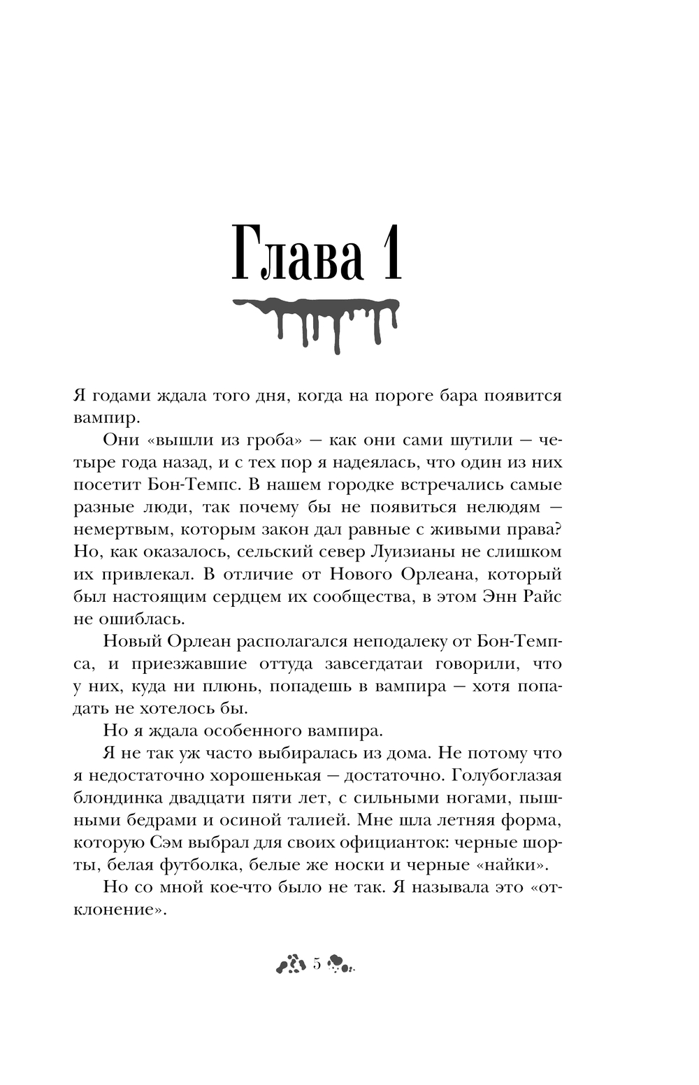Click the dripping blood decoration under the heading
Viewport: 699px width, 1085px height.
315,322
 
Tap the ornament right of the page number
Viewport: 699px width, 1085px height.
341,965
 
